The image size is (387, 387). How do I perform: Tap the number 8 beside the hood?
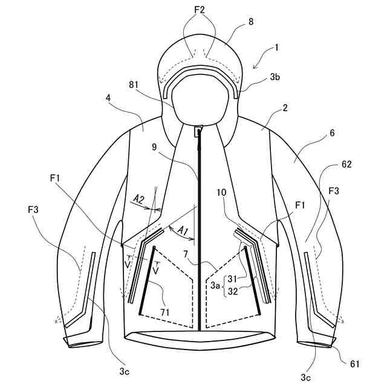(233, 21)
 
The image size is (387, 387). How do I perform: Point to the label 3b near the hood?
(275, 76)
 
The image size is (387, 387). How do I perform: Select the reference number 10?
(221, 192)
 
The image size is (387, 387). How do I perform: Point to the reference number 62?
(346, 164)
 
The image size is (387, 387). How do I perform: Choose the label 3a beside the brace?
(215, 284)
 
